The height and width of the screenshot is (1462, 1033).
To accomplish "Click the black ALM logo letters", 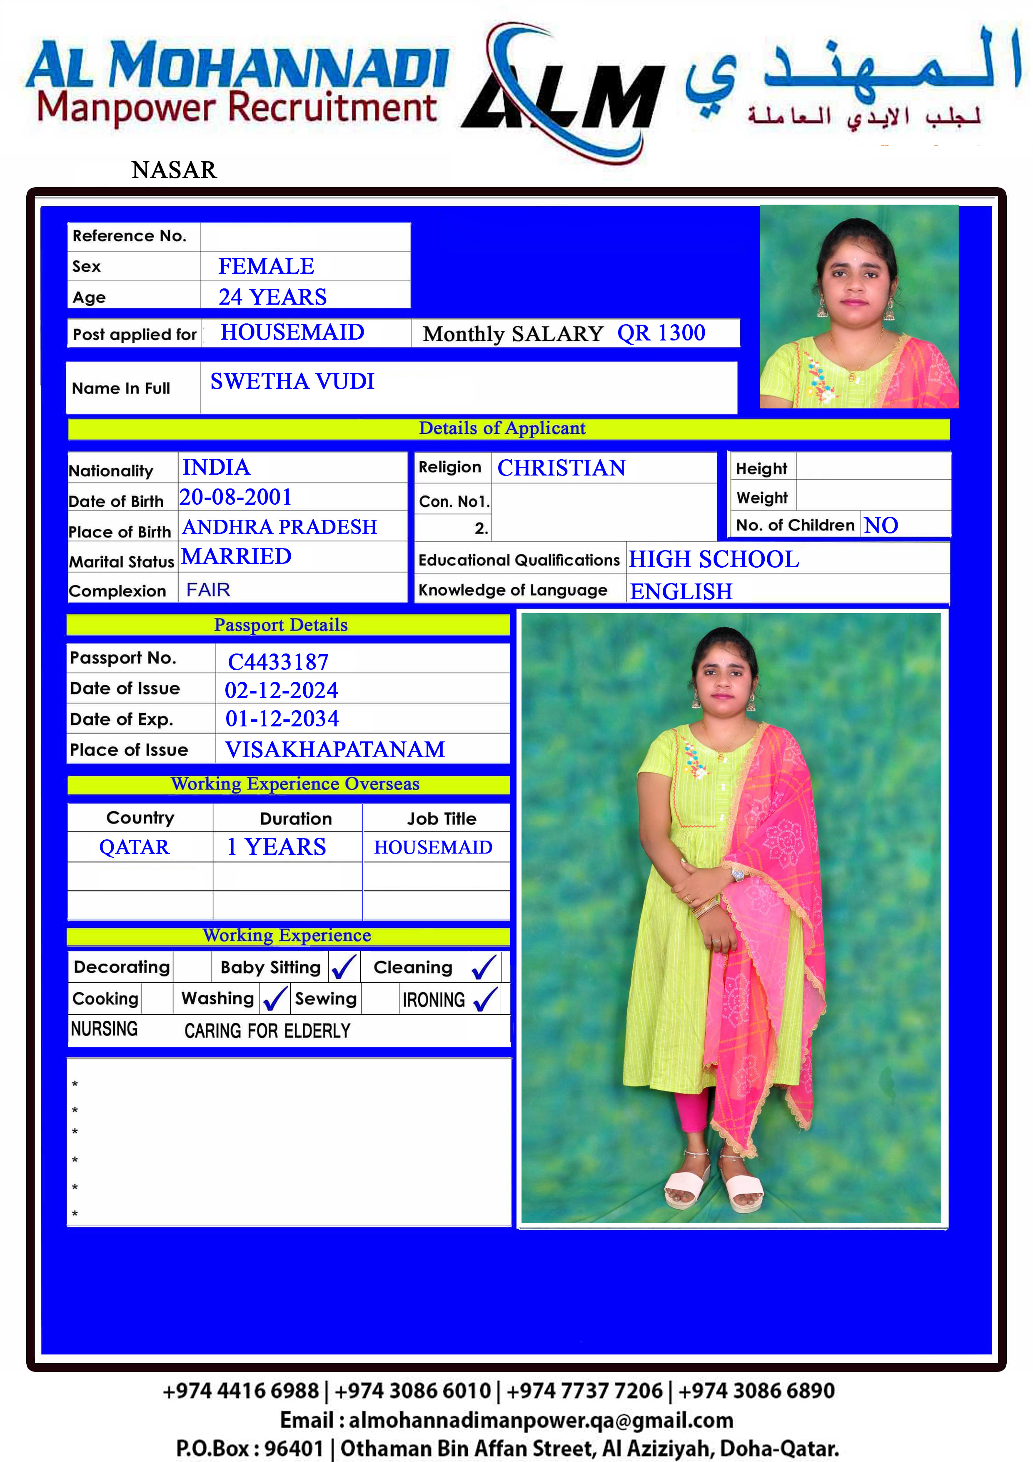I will point(563,99).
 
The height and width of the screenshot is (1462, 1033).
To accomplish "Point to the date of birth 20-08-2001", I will point(235,497).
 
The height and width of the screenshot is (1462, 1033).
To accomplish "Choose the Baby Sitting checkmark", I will point(344,967).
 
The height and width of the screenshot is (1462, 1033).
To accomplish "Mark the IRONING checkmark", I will point(485,999).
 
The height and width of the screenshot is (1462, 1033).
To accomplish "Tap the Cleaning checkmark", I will point(484,967).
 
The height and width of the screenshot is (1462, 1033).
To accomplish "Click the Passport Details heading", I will point(281,625).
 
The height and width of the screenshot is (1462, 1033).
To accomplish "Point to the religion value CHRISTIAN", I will point(561,468).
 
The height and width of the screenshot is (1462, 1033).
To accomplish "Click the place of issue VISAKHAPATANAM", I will point(335,749).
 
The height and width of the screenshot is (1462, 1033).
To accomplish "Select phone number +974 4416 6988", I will point(241,1391).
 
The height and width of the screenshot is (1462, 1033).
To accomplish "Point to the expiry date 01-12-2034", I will point(282,719).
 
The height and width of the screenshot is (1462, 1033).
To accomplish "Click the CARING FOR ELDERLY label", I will point(267,1031).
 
